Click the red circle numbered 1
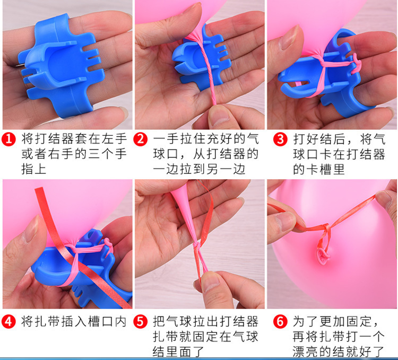coord(8,139)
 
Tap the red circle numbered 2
coord(141,139)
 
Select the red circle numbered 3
coord(280,139)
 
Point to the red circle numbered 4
coord(8,321)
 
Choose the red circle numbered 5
coord(141,321)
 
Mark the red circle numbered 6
coord(280,321)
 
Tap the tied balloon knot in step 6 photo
coord(322,256)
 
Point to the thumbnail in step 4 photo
coord(30,230)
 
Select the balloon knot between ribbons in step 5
coord(196,245)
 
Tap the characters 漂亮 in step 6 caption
coord(306,352)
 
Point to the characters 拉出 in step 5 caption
coord(206,321)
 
